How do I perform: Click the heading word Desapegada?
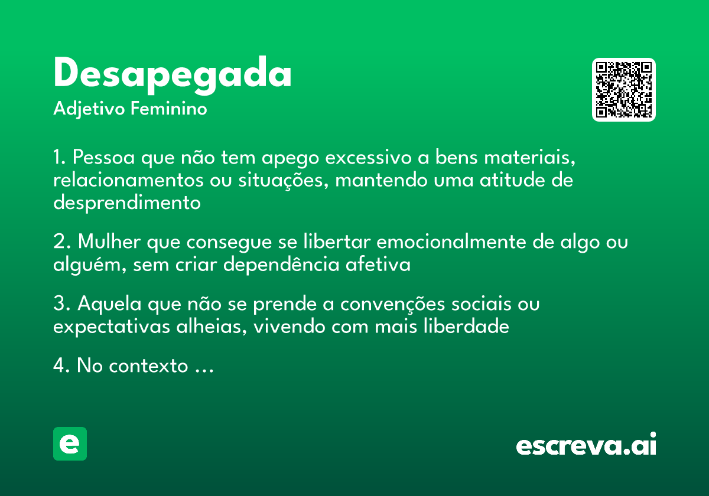click(173, 76)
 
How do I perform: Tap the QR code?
click(624, 90)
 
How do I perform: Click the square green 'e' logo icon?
click(70, 443)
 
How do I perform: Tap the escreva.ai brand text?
click(586, 445)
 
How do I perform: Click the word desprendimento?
click(127, 203)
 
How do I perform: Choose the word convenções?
click(386, 305)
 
